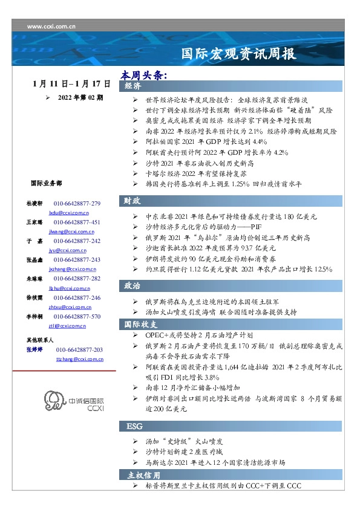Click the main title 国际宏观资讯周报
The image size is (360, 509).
[x=238, y=54]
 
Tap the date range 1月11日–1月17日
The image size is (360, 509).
[x=72, y=83]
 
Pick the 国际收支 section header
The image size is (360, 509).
[x=138, y=324]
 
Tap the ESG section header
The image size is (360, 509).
[x=134, y=426]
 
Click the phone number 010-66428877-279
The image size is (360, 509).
[x=77, y=204]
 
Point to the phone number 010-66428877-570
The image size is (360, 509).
[x=77, y=316]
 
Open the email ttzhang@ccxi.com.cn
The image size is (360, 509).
[x=79, y=359]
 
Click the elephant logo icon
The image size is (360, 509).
[x=53, y=401]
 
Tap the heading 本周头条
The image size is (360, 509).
[x=143, y=75]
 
